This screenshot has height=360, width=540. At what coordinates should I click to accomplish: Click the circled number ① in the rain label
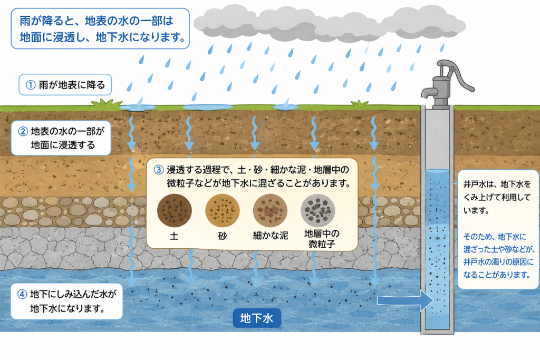point(31,85)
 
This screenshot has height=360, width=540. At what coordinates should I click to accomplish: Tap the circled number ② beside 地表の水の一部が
point(23,131)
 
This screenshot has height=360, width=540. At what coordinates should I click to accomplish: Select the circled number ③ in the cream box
point(158,170)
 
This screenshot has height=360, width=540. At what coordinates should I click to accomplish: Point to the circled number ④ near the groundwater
point(22,294)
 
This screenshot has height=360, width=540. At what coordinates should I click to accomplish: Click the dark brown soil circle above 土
point(174,210)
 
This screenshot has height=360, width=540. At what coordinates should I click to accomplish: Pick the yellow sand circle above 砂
point(223,210)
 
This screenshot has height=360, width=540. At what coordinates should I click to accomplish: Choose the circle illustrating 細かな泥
point(270,210)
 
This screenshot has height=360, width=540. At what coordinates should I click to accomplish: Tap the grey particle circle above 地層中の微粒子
point(317,210)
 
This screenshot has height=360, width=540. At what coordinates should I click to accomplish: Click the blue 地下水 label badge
point(257,318)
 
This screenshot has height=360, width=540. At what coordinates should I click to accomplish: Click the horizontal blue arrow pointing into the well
point(405,300)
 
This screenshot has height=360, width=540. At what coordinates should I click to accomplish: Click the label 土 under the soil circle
point(174,236)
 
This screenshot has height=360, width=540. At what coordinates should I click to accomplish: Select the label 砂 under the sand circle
point(223,236)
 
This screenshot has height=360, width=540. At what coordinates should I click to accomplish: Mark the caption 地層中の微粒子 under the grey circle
point(322,239)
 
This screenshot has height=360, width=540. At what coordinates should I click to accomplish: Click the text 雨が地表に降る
point(72,85)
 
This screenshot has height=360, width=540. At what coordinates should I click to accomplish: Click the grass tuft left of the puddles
point(107,103)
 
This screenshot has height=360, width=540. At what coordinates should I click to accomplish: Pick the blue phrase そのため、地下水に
point(495,237)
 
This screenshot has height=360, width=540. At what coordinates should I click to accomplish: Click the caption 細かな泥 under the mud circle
point(271,236)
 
